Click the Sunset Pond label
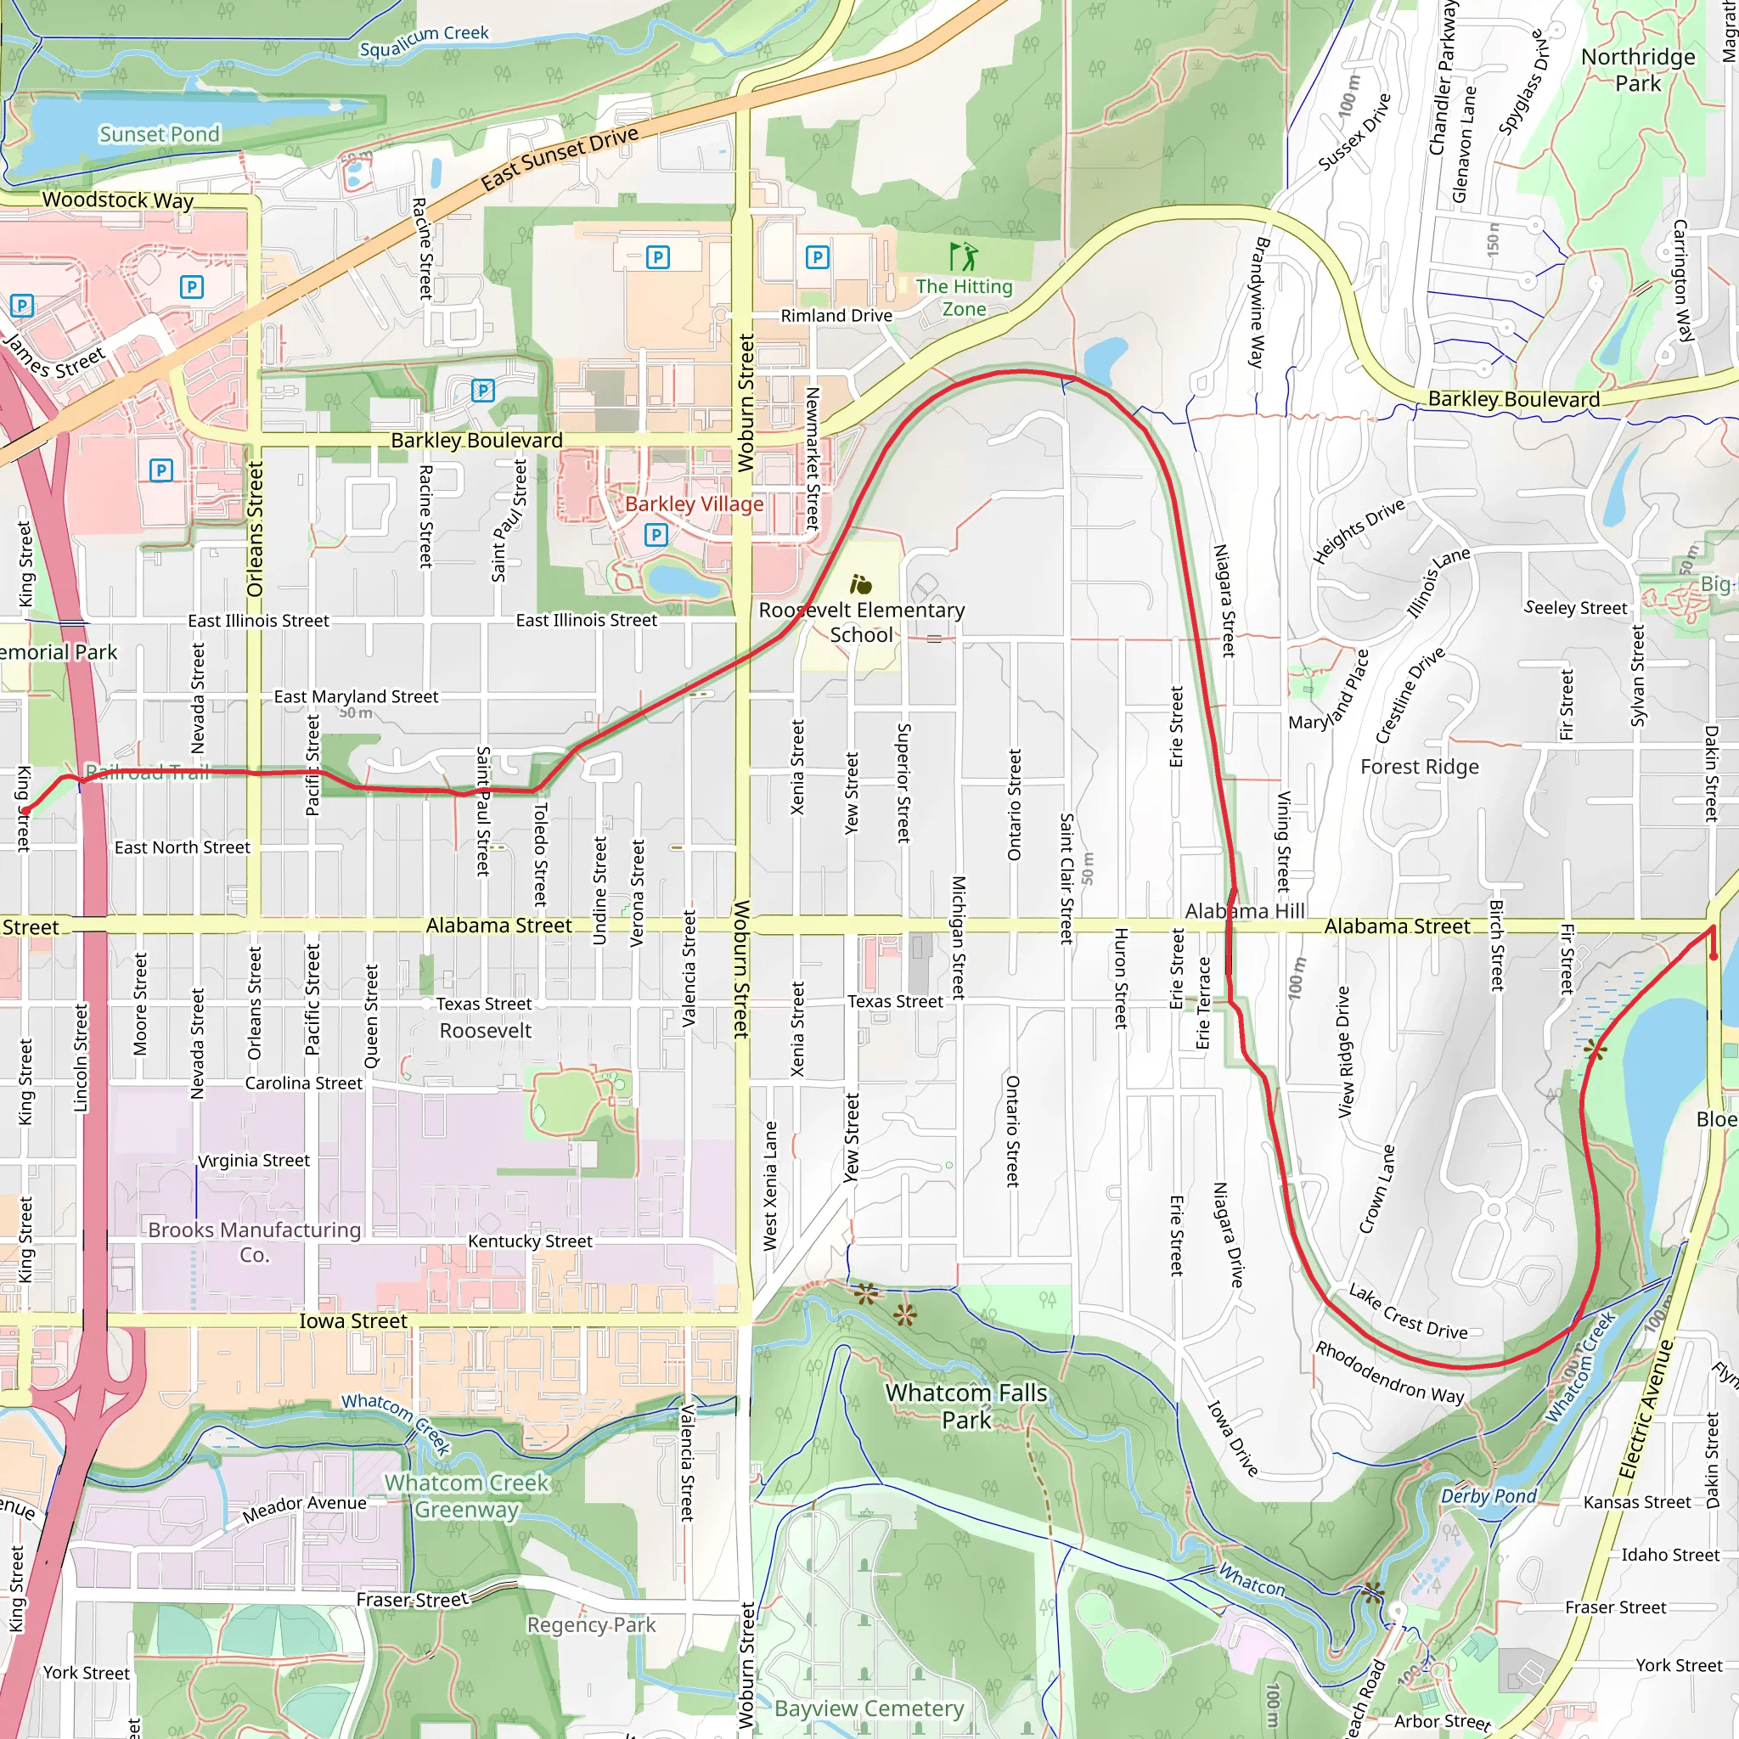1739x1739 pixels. pos(160,134)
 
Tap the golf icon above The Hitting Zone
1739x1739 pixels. pos(963,256)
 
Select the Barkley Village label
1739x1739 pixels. pos(694,504)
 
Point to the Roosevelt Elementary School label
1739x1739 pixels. pos(861,622)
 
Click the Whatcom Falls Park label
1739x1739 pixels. pos(965,1406)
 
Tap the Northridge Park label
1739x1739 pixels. pos(1637,70)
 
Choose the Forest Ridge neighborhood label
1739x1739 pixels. pos(1420,767)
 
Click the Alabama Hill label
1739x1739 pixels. pos(1244,911)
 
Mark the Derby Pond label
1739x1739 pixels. pos(1489,1496)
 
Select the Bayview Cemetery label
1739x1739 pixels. pos(869,1708)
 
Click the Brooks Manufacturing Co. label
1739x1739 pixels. pos(255,1242)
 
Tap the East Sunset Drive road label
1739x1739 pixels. pos(559,159)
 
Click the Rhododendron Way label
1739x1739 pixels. pos(1390,1373)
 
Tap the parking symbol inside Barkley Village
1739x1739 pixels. pos(656,536)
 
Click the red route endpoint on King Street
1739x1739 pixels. pos(25,811)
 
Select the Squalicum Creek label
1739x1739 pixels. pos(424,41)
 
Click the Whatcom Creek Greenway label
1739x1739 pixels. pos(466,1496)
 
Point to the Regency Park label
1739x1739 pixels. pos(591,1624)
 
